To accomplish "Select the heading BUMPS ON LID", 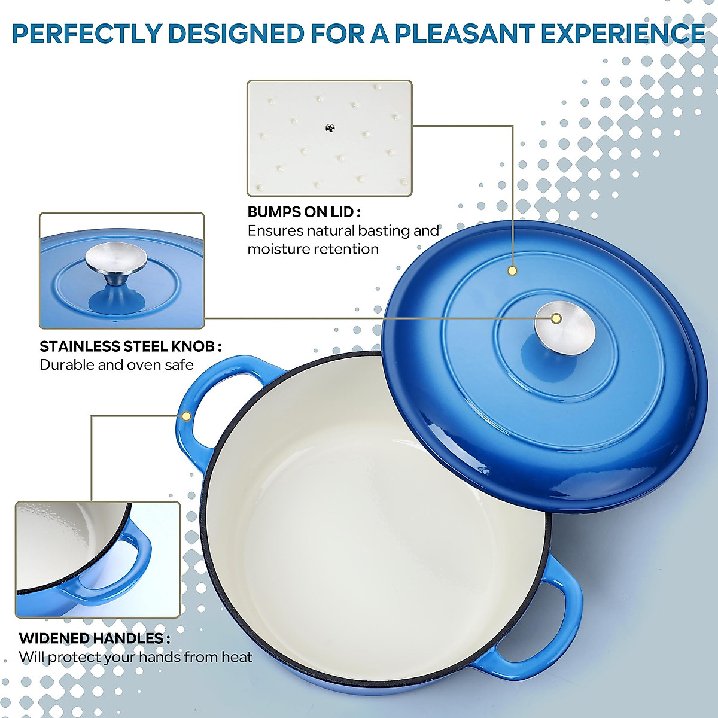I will tap(303, 212).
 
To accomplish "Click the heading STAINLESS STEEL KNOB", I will tap(130, 346).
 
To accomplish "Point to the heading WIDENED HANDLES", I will tap(94, 638).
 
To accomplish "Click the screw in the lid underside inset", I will tap(330, 127).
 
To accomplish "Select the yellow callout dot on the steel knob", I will tap(556, 318).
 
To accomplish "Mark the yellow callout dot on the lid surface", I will tap(512, 271).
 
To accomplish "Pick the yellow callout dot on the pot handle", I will tap(185, 416).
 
